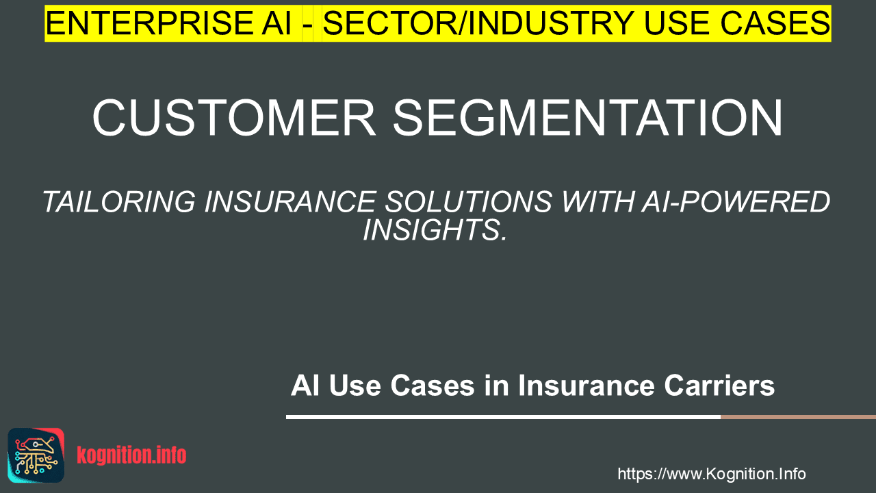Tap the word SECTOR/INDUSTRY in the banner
(x=478, y=23)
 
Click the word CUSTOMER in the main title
(x=234, y=118)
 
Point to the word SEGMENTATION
(x=588, y=118)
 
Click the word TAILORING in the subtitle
(x=118, y=202)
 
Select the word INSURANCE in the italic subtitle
(x=289, y=202)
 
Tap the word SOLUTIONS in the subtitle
(x=469, y=202)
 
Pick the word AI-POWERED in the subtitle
(x=736, y=202)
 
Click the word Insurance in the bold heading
(x=587, y=385)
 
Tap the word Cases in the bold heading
(x=433, y=385)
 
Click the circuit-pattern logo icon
(x=36, y=455)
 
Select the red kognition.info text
(x=131, y=455)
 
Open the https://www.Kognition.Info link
(x=712, y=474)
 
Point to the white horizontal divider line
(x=503, y=417)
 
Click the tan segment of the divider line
(x=798, y=417)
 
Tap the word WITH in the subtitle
(x=597, y=202)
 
